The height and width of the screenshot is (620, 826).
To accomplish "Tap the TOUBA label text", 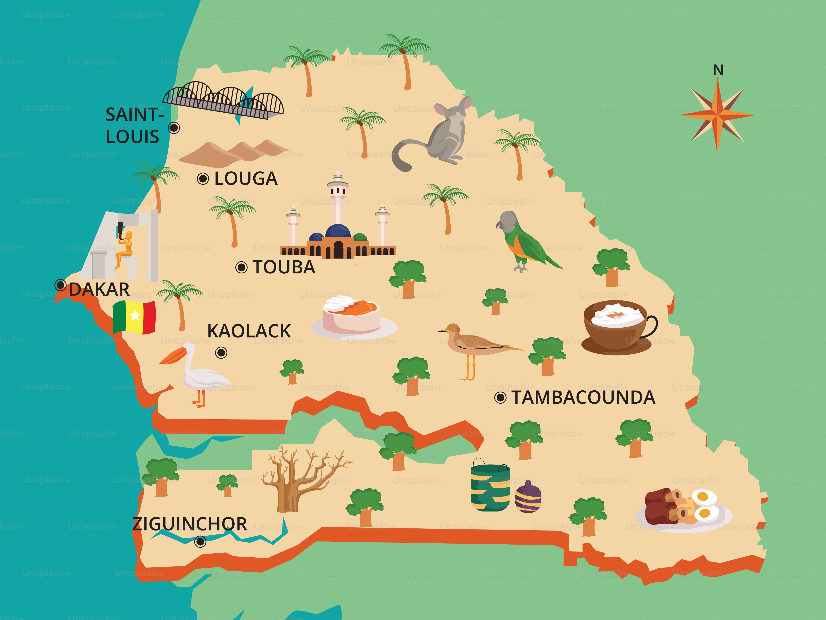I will tap(284, 267).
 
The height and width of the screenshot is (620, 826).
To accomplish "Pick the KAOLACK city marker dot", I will tap(221, 352).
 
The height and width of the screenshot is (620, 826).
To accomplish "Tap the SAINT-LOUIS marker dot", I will tap(174, 128).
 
